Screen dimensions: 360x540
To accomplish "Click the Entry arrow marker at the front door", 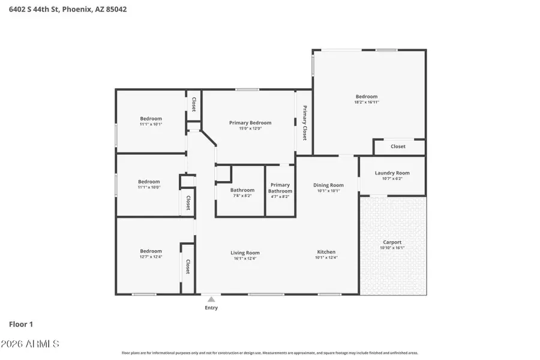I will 211,298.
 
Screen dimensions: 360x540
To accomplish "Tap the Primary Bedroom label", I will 250,123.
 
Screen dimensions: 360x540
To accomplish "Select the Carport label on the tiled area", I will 392,242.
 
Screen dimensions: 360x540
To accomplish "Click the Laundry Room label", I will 392,173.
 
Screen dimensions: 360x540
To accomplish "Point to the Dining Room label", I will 328,185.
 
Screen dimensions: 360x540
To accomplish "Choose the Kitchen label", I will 326,252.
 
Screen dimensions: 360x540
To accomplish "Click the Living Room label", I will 245,253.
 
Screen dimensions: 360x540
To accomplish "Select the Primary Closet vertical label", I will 305,123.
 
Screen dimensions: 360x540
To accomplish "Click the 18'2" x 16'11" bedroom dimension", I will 367,103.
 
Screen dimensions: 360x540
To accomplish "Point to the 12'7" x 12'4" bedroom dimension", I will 151,257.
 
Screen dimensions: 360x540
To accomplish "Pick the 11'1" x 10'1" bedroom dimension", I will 151,124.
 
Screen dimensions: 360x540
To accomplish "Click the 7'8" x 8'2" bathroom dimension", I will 242,196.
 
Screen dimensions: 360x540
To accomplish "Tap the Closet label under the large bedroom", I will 398,146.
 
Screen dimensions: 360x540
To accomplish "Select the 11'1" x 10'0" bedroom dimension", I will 149,187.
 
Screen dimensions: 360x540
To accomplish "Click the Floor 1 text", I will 21,324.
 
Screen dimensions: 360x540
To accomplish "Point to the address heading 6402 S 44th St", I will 68,10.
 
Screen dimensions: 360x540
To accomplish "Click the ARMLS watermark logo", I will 34,344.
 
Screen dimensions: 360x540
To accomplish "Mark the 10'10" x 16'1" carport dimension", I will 392,248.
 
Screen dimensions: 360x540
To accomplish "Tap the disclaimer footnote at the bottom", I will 270,353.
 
